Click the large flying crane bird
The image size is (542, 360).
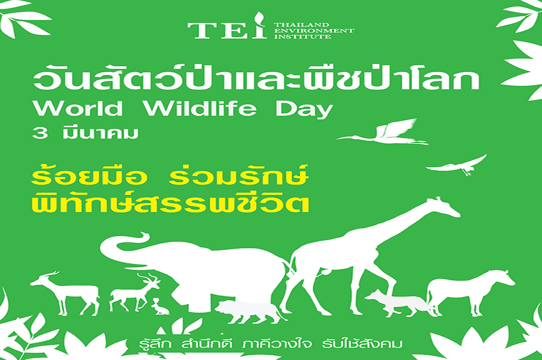(384, 132)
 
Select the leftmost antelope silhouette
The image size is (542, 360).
(66, 292)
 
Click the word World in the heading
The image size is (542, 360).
(78, 108)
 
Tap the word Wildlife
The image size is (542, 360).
(200, 108)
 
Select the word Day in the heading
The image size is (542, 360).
(304, 110)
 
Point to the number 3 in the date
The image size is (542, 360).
(40, 133)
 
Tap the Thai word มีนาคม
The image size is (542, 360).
(101, 133)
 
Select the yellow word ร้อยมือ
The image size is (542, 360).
(89, 176)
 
